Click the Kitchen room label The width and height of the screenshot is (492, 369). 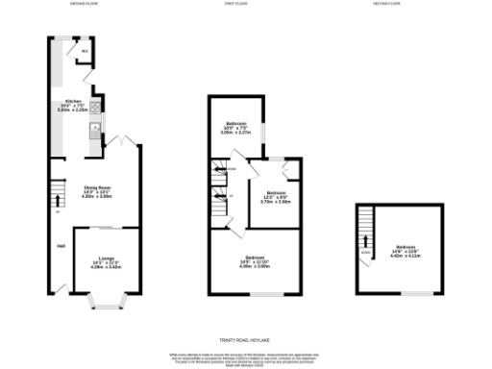73,101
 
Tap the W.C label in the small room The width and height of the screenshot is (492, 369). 84,51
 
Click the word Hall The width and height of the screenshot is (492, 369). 61,248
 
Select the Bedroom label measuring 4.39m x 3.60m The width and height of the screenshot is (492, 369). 255,259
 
